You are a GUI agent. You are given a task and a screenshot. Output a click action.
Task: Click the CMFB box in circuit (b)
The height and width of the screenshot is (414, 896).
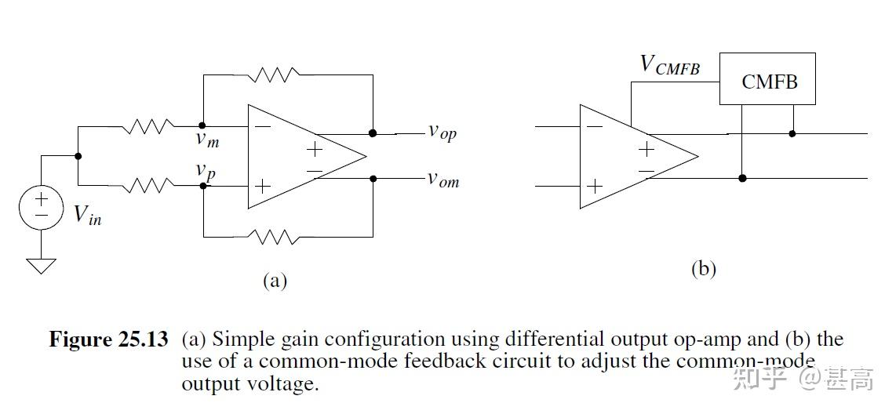point(767,79)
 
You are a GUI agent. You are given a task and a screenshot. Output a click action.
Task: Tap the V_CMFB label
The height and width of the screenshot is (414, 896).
point(669,65)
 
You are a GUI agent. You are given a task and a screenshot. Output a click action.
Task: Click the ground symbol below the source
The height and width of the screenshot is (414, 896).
point(41,266)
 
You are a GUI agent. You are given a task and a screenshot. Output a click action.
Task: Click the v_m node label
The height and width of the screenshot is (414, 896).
point(208,140)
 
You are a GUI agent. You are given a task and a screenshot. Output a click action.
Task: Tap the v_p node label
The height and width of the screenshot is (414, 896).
point(206,170)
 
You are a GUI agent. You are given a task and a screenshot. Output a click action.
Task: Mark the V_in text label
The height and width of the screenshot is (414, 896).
point(87,215)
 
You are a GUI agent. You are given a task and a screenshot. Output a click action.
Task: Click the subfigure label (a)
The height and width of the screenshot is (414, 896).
point(275,281)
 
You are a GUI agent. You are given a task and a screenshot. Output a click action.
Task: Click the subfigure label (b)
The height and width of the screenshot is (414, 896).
point(703,269)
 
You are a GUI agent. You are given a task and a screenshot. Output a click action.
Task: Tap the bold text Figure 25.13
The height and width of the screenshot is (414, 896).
point(108,340)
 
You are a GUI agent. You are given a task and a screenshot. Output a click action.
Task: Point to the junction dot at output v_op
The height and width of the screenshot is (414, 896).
point(373,133)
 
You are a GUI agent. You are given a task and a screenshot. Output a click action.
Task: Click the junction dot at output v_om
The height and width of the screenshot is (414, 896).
point(373,179)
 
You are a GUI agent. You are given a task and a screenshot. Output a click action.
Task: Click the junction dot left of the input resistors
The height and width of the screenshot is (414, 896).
point(78,156)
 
